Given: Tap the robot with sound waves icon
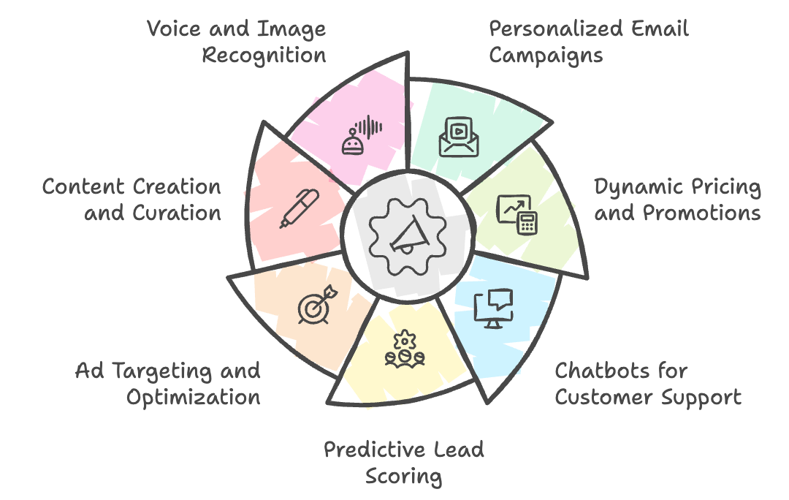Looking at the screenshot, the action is click(x=362, y=135).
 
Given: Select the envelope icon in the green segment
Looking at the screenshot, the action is click(x=458, y=137).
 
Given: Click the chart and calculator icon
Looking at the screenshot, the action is click(x=517, y=214).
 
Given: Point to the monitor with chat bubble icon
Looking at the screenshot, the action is click(x=494, y=308).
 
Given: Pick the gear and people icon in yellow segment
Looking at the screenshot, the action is click(x=405, y=349).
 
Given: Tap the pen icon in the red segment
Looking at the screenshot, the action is click(x=300, y=208).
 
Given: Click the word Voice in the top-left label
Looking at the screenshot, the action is click(x=174, y=29).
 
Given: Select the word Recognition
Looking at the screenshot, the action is click(x=264, y=56).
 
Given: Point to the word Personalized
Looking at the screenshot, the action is click(x=557, y=29).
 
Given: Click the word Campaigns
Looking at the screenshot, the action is click(x=546, y=56).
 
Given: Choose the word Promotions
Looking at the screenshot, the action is click(x=702, y=213).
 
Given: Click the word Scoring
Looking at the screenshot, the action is click(x=403, y=477).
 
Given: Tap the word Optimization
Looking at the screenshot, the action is click(x=193, y=398).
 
